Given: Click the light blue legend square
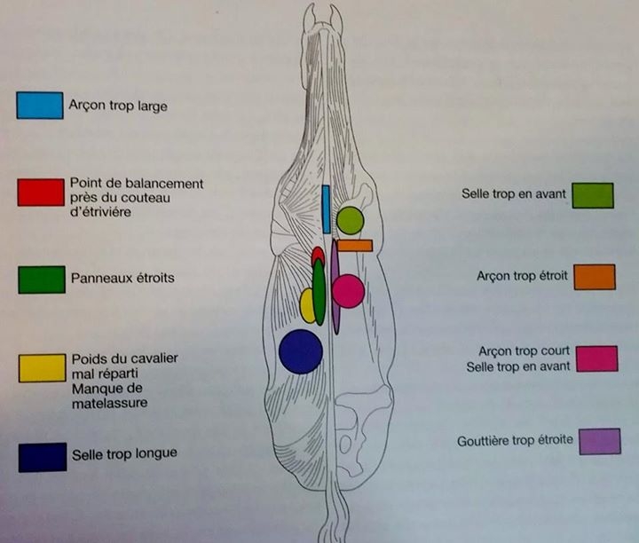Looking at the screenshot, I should (x=39, y=106).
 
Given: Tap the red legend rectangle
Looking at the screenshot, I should (x=40, y=193).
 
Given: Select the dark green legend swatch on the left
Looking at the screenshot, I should (x=41, y=279).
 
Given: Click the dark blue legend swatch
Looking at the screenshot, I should (x=41, y=457).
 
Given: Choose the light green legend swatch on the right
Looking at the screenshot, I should (x=592, y=195).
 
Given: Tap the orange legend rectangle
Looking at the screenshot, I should (x=595, y=277).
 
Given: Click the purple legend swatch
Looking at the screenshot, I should (x=599, y=441).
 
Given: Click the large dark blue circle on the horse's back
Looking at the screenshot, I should (x=300, y=351).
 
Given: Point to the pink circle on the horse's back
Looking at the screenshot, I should (x=348, y=291).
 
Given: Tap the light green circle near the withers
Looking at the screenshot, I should (x=350, y=220).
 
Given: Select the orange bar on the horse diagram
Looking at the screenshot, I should (x=354, y=245).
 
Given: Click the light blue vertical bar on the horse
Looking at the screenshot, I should (x=326, y=209).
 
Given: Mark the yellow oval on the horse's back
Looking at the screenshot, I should (x=308, y=305).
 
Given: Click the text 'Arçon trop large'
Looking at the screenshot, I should (x=118, y=106).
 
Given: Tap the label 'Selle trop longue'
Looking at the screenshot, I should (x=124, y=454).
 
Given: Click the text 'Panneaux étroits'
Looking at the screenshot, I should (x=122, y=279).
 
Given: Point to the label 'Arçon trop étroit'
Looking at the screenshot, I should (x=518, y=276).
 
